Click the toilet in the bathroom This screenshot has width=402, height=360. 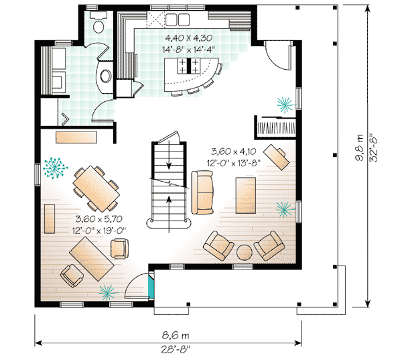98,22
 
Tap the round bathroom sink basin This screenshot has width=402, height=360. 105,76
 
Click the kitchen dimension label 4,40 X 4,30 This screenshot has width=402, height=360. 188,38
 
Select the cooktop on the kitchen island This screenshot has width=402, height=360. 189,66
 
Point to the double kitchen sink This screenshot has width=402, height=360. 178,19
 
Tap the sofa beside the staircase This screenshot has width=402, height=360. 202,192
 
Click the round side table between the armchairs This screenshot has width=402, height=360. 244,253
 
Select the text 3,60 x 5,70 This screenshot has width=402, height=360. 98,219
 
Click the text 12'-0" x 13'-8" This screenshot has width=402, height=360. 234,163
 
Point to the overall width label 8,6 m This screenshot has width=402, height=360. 176,335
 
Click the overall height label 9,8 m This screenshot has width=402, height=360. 360,147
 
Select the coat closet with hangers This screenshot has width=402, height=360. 276,127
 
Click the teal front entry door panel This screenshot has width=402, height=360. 151,285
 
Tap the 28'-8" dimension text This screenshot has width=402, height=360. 176,350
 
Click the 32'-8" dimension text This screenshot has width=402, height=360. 374,148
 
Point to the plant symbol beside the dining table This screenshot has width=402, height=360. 55,168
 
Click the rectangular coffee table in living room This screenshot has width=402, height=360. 246,195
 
